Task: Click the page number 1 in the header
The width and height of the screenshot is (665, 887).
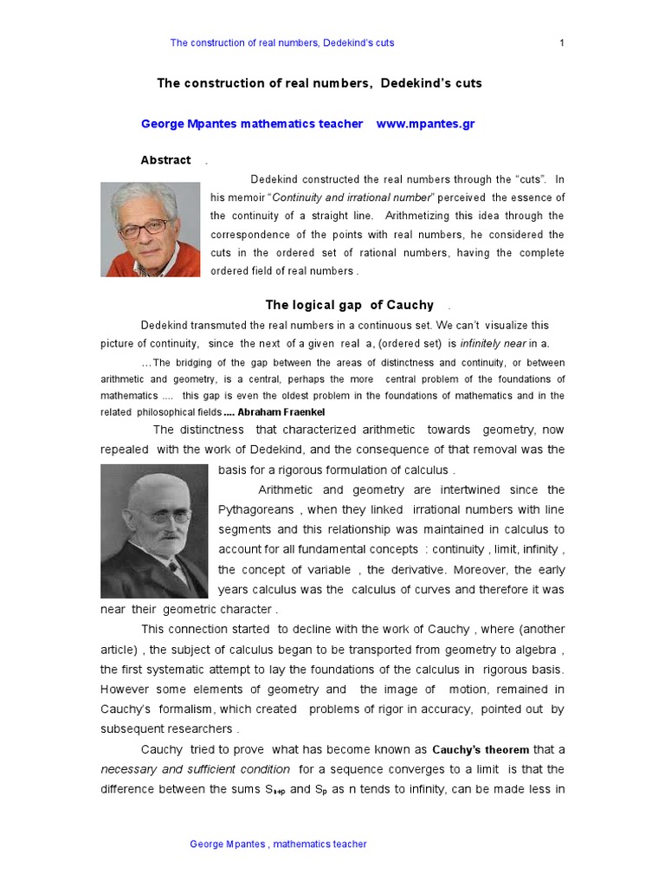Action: (562, 42)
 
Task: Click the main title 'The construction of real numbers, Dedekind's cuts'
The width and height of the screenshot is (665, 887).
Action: (319, 83)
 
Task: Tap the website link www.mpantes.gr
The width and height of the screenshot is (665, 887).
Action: (425, 124)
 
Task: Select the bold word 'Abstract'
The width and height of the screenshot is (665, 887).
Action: (165, 160)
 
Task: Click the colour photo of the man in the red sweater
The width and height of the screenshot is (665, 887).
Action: (151, 229)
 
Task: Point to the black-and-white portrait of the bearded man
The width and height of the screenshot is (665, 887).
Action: (154, 530)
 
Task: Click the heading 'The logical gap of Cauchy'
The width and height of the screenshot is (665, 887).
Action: (349, 305)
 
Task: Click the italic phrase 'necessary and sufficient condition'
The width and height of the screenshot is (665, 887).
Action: (195, 769)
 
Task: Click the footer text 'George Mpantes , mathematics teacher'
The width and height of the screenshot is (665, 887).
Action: (278, 844)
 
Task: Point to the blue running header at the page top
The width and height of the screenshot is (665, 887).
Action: (282, 42)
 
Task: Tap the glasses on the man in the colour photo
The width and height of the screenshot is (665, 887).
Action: (143, 228)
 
